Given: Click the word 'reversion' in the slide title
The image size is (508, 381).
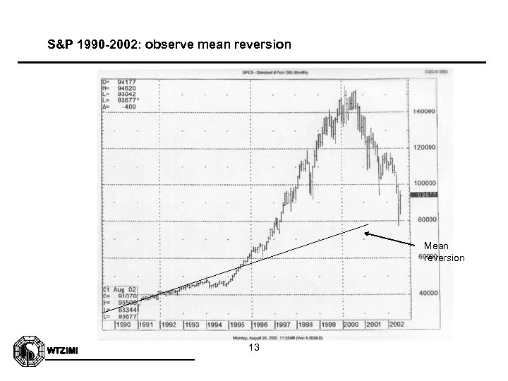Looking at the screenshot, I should tap(262, 44).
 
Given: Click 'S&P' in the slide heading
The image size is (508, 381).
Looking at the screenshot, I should tap(59, 44).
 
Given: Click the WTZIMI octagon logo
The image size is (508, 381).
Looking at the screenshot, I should tap(28, 349).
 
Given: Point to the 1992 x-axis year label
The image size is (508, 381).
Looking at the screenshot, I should tap(167, 325).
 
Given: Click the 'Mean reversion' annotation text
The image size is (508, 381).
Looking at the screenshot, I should tap(444, 252).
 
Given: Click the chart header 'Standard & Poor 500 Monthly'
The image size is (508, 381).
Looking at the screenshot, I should tap(269, 73).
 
